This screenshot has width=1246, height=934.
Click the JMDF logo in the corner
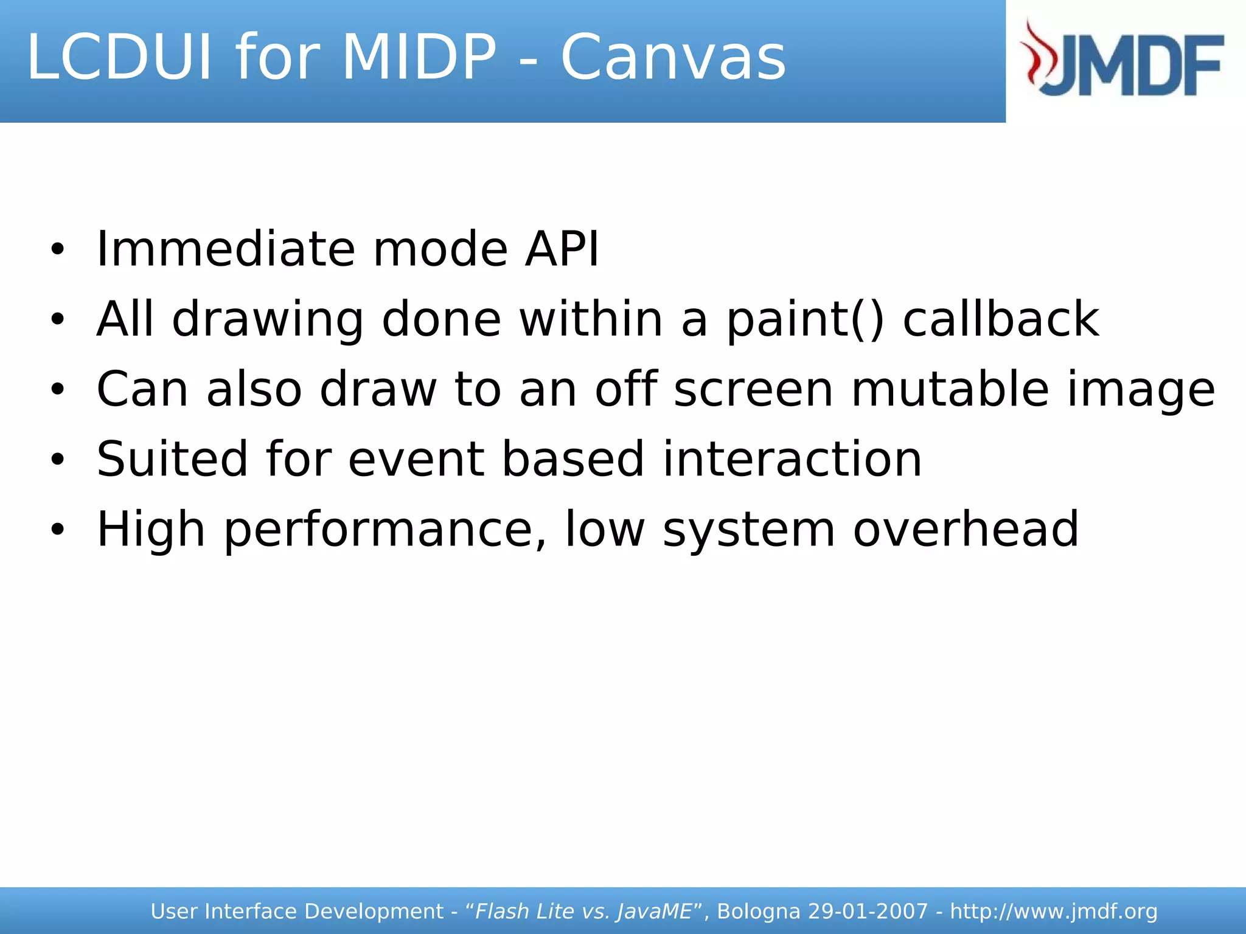[x=1123, y=59]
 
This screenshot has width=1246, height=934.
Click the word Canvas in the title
[x=673, y=58]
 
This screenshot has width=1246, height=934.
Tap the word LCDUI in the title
[x=120, y=58]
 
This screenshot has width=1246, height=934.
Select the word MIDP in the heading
[x=419, y=58]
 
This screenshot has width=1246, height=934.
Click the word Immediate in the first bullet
[x=226, y=249]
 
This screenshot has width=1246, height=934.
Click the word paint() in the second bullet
[x=805, y=320]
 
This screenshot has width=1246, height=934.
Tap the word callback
[x=1001, y=320]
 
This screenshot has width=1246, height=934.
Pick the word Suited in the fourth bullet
[x=172, y=459]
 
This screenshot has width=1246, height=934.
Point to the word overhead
[x=966, y=529]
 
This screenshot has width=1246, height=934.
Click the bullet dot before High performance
[x=57, y=530]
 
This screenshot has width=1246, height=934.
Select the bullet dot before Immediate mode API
[x=57, y=250]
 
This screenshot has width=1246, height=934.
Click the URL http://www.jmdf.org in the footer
[x=1053, y=912]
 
